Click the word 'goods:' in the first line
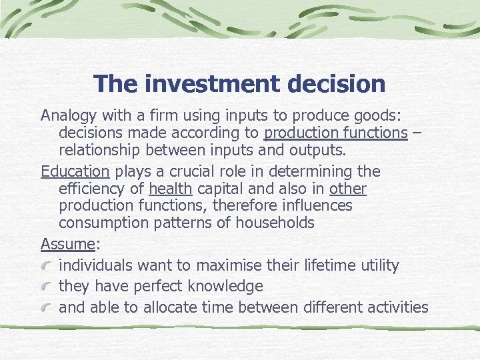[x=377, y=115]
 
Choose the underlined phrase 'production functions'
[x=335, y=133]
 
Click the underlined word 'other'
[x=347, y=189]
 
